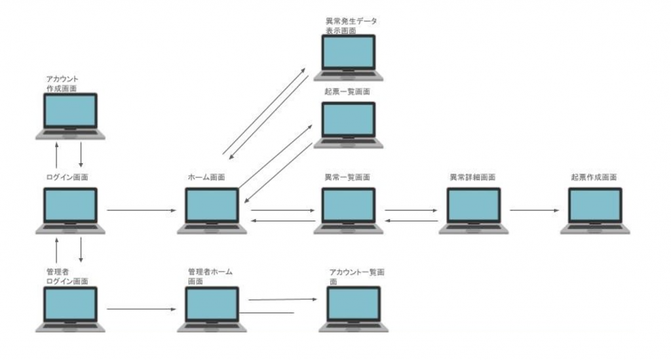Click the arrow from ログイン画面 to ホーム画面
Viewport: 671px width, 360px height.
[141, 210]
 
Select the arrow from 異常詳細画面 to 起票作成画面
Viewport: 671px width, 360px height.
[535, 210]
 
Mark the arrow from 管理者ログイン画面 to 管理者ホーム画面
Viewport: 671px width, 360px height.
[141, 308]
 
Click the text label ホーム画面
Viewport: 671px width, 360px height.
[206, 177]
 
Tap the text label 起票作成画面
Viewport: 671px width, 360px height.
[594, 177]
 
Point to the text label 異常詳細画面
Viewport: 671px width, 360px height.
[472, 177]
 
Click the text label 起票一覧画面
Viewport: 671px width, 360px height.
[347, 92]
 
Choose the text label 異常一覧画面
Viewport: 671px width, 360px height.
[347, 177]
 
